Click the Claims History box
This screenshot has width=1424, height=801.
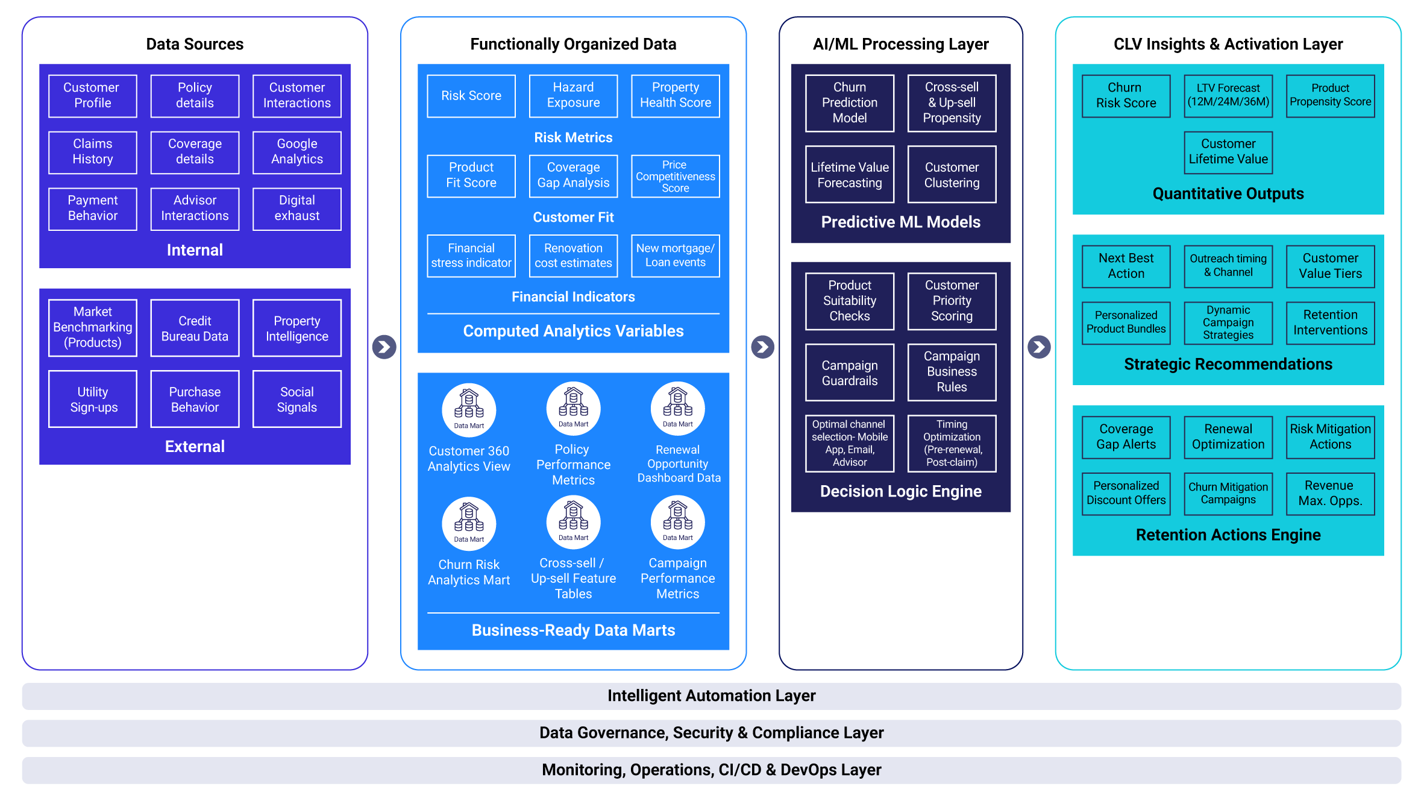[x=93, y=152]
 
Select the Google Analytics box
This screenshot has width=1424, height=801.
[x=296, y=152]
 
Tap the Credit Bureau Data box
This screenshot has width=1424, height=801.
[x=195, y=328]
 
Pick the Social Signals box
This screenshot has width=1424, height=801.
[x=296, y=399]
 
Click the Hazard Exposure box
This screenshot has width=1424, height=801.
[x=573, y=96]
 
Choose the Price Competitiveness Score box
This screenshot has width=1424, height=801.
[x=675, y=176]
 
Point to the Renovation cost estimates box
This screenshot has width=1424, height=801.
[x=573, y=256]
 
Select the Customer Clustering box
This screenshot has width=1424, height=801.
[x=952, y=175]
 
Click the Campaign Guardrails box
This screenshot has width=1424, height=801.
[x=849, y=372]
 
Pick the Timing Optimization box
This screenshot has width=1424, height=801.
[x=952, y=443]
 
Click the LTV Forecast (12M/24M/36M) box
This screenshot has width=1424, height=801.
[x=1228, y=96]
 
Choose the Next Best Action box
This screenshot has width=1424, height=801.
[x=1126, y=266]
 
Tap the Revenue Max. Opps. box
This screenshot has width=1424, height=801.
[x=1330, y=494]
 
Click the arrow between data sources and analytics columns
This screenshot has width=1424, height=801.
[x=384, y=347]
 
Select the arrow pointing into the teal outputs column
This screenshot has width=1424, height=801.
[x=1039, y=347]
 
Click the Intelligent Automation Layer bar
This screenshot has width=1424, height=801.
[x=711, y=696]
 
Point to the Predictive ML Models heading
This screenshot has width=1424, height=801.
[x=900, y=222]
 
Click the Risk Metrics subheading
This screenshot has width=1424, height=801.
[x=573, y=137]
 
